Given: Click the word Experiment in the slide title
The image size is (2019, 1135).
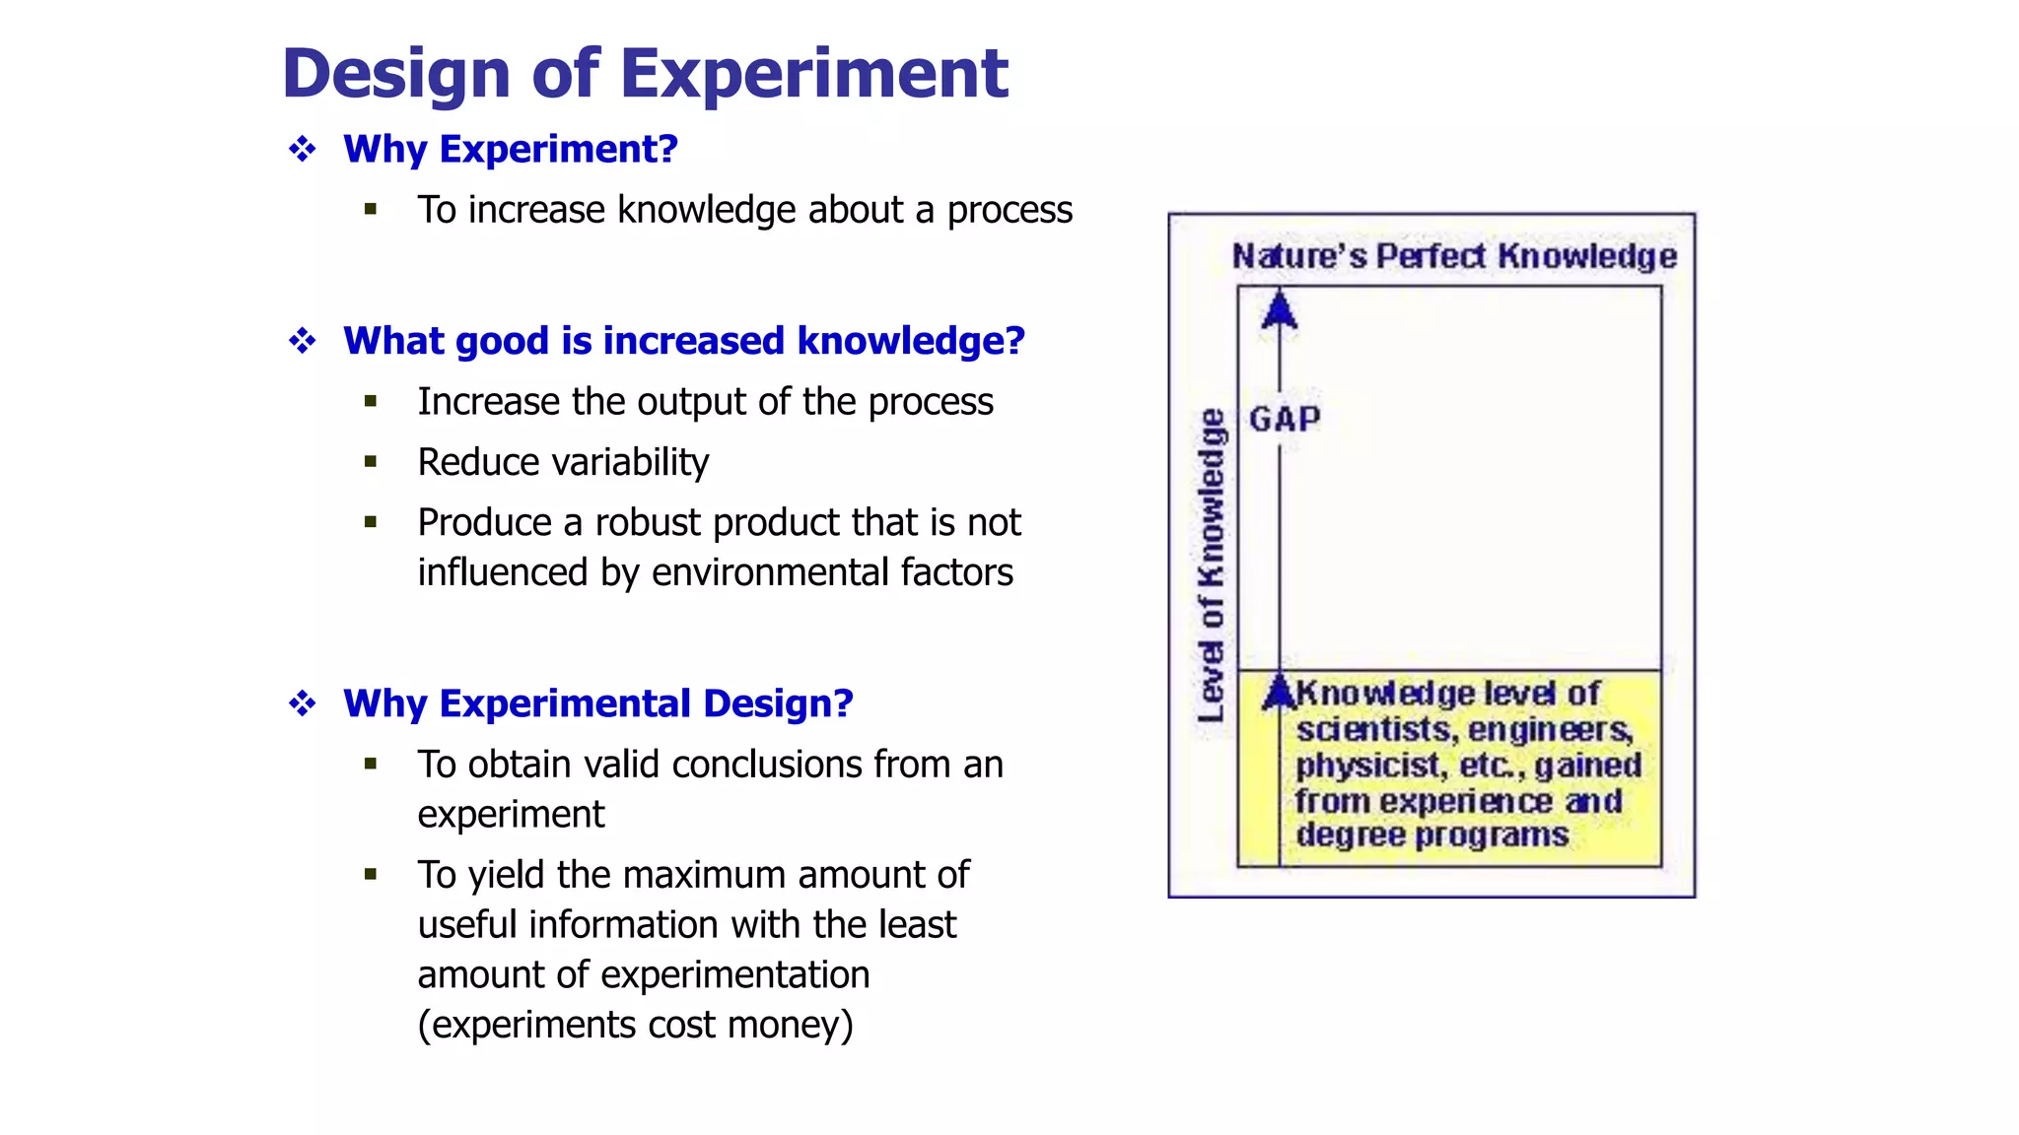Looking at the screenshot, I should (813, 74).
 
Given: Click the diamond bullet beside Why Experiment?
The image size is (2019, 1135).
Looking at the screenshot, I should (303, 150).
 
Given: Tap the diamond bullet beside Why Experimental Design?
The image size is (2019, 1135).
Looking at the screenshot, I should (303, 703).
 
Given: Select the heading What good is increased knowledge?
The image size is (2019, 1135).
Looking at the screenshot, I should (683, 341).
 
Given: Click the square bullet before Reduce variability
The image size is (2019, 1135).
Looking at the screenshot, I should (371, 461).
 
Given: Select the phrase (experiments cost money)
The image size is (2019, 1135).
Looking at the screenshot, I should (635, 1025).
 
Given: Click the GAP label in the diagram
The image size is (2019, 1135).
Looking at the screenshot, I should (1285, 420).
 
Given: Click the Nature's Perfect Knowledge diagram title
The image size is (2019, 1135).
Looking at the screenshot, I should (1454, 256).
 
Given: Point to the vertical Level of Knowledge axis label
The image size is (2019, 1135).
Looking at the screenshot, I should (1212, 566).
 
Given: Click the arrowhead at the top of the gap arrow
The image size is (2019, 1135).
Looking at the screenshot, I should (1280, 309).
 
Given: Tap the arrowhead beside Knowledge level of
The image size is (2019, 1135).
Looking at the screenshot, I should (1280, 691).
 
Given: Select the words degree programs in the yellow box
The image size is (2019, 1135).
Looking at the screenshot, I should (1431, 835).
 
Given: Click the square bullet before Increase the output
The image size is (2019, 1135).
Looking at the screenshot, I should (371, 401).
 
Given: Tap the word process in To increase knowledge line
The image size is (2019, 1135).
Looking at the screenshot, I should (1009, 211).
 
